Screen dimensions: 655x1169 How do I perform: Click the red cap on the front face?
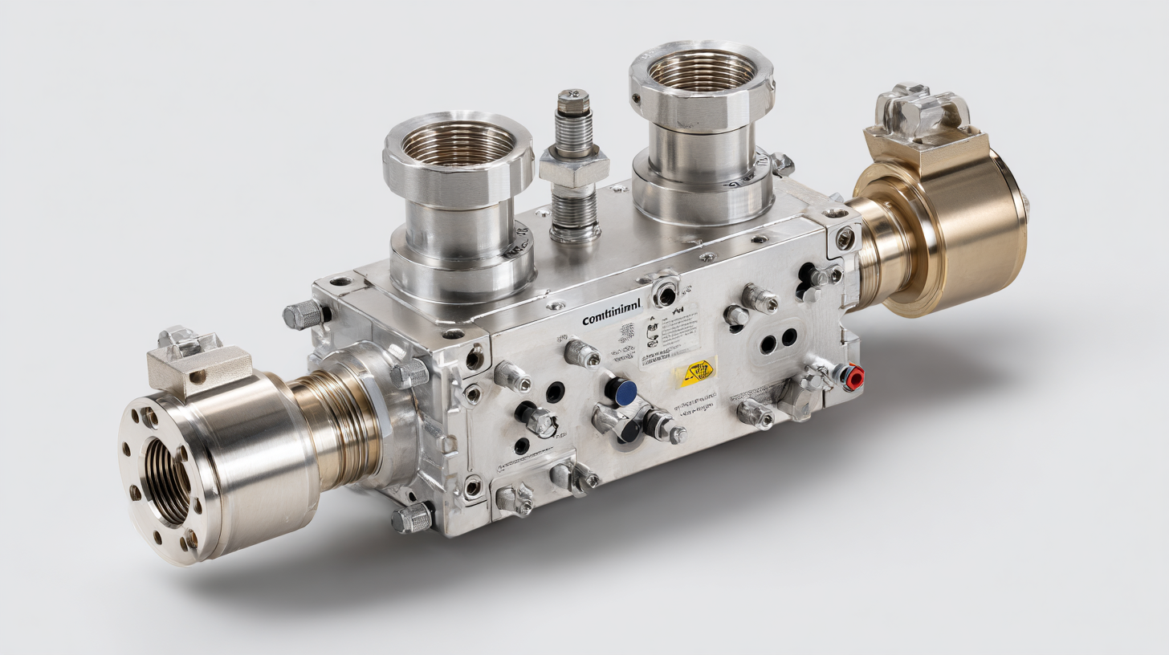[853, 375]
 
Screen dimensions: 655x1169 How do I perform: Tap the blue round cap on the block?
[621, 391]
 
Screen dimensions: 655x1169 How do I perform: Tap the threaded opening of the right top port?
[702, 70]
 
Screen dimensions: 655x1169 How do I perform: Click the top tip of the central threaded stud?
[573, 96]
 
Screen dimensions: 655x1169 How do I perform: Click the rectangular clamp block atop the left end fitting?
[199, 365]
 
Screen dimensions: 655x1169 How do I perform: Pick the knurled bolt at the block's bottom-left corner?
[412, 518]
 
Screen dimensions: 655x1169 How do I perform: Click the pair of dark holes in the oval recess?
[778, 340]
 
